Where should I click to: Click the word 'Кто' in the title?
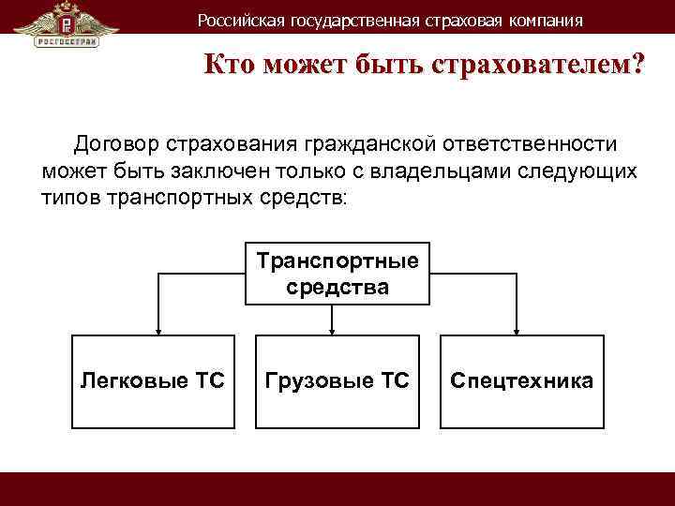click(231, 67)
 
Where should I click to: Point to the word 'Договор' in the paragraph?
click(115, 145)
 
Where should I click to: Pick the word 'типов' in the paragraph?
click(71, 198)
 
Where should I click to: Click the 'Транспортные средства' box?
click(337, 273)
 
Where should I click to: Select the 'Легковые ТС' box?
click(153, 380)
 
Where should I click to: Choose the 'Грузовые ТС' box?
click(337, 380)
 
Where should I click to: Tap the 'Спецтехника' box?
click(521, 380)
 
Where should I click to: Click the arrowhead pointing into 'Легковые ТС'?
click(157, 329)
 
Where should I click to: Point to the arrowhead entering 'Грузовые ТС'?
click(333, 329)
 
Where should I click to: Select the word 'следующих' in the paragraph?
click(588, 171)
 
